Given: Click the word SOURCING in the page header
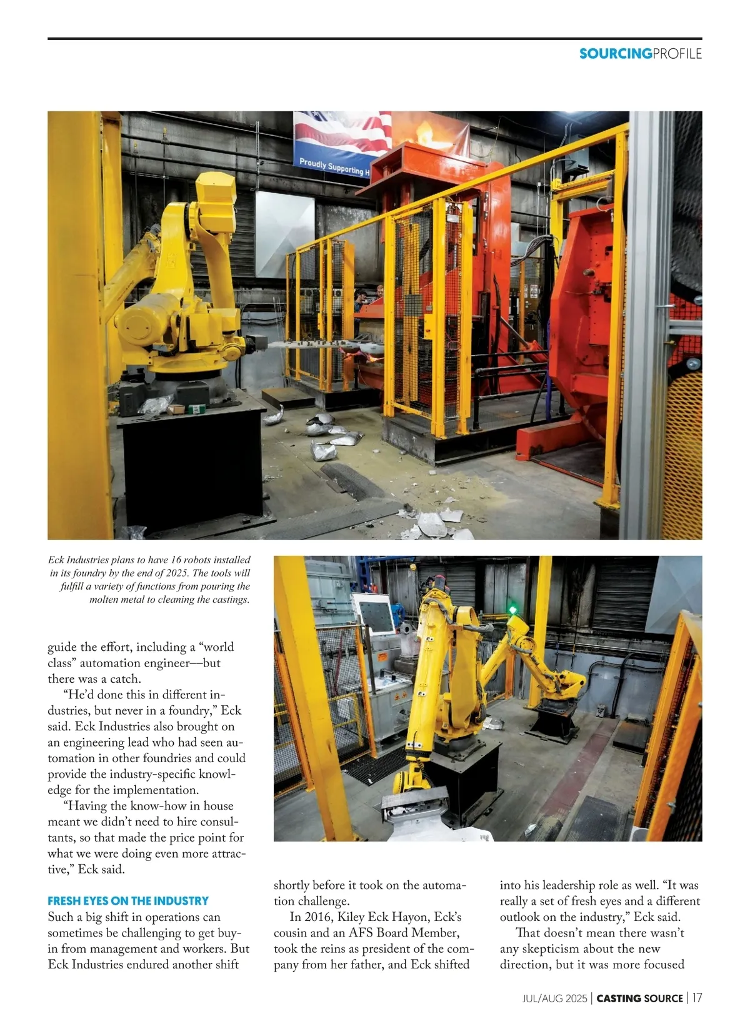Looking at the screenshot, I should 615,54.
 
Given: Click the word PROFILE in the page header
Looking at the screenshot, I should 677,54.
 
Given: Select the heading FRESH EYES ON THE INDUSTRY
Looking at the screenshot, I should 128,901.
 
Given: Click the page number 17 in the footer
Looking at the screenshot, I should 696,998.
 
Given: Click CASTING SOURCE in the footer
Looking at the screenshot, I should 639,998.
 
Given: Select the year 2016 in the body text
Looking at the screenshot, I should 319,917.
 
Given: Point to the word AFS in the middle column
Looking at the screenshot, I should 361,933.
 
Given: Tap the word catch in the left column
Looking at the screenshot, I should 125,678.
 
